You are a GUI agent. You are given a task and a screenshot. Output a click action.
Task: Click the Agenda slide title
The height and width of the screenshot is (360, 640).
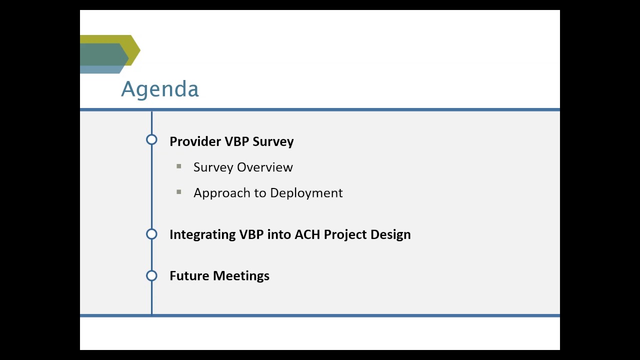pyautogui.click(x=159, y=89)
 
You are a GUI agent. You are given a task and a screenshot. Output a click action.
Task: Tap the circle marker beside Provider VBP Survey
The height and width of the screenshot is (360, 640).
pyautogui.click(x=151, y=140)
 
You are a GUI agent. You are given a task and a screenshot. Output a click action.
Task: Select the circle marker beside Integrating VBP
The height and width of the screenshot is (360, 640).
pyautogui.click(x=151, y=234)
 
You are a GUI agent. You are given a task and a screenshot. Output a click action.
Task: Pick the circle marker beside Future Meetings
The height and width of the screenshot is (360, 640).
pyautogui.click(x=151, y=275)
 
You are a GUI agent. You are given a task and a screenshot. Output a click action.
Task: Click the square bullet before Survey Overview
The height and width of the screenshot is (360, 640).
pyautogui.click(x=179, y=166)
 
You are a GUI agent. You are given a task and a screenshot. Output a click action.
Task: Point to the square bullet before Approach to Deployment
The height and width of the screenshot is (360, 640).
pyautogui.click(x=179, y=192)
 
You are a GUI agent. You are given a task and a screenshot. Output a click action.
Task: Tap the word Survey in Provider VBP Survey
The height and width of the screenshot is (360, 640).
pyautogui.click(x=273, y=141)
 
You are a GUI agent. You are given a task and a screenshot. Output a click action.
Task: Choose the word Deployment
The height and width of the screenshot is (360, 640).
pyautogui.click(x=306, y=193)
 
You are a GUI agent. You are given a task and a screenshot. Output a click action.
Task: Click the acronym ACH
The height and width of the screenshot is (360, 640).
pyautogui.click(x=307, y=234)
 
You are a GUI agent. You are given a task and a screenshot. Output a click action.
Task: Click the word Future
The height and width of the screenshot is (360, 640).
pyautogui.click(x=189, y=276)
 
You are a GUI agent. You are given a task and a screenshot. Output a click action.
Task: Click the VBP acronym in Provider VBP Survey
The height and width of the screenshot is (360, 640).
pyautogui.click(x=237, y=141)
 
